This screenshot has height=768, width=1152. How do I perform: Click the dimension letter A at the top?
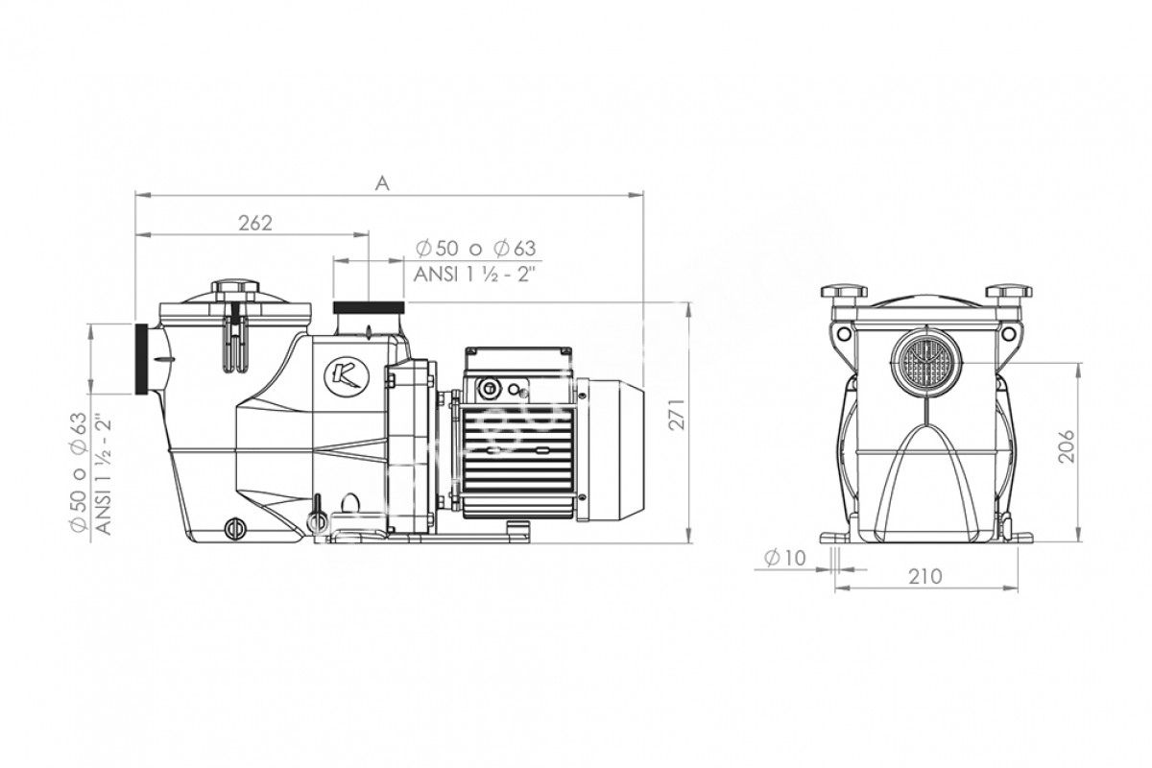[x=382, y=182]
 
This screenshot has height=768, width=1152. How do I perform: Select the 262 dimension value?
[x=255, y=223]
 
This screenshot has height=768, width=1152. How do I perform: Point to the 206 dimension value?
[x=1068, y=446]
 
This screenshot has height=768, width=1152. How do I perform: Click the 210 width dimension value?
[x=925, y=577]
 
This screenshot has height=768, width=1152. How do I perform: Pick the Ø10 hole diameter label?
[x=785, y=558]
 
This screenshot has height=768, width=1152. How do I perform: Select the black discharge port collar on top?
[x=369, y=308]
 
